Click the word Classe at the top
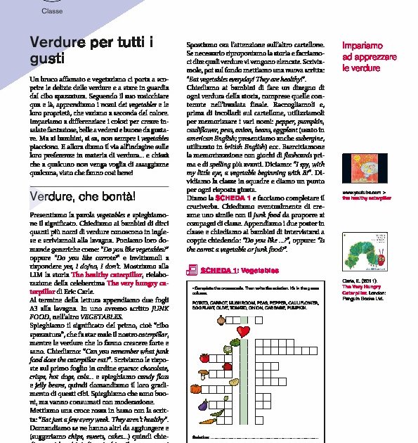(x=51, y=11)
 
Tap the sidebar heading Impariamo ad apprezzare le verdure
(x=365, y=56)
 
